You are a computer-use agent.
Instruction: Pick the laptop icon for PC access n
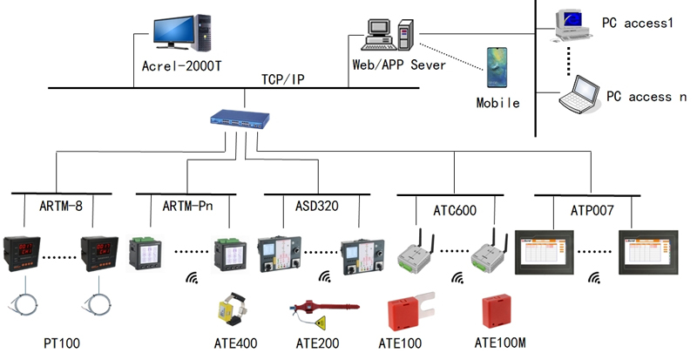coord(579,94)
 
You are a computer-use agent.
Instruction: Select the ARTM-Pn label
coord(187,206)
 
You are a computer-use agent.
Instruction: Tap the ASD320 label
coord(311,206)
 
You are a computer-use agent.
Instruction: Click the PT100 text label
coord(63,343)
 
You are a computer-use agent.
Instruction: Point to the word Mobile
coord(497,103)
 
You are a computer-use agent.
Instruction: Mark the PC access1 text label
coord(638,23)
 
